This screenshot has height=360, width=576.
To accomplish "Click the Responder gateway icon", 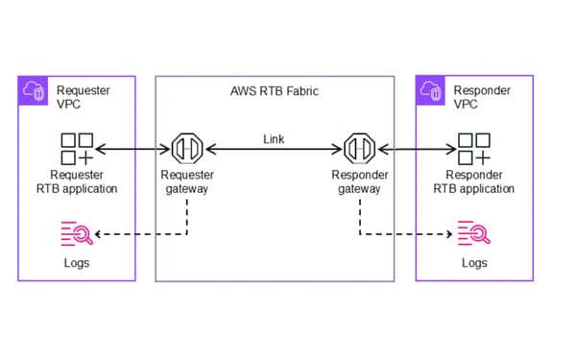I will point(359,149).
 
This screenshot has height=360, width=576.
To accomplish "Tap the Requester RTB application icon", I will point(76,149).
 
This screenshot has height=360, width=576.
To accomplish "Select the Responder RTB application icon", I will point(473,149).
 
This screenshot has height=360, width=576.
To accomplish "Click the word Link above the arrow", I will point(274,139).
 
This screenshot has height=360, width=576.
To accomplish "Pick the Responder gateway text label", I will point(359,181).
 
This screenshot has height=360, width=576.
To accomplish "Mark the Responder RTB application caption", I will point(480,181).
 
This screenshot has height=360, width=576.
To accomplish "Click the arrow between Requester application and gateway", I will point(131,150).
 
